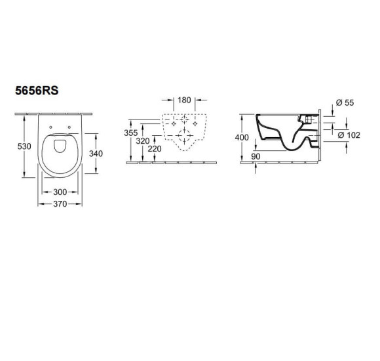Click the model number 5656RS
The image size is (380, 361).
(37, 91)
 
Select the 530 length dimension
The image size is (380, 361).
(24, 146)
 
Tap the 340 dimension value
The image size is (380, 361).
(96, 154)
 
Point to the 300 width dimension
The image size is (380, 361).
(60, 192)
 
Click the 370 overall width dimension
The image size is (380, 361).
(60, 204)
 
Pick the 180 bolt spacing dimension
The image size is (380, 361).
(184, 100)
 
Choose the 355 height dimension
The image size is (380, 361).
(130, 133)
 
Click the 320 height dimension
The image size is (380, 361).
(143, 141)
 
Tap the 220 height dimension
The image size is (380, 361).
(155, 148)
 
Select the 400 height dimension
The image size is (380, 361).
(242, 137)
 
